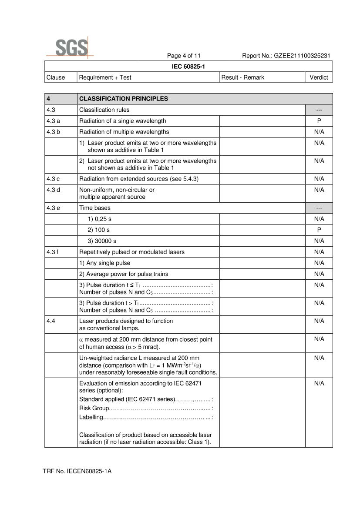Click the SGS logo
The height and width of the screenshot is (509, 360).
tap(71, 47)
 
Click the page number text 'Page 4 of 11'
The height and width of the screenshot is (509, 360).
tap(184, 56)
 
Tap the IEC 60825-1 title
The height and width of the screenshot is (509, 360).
tap(188, 66)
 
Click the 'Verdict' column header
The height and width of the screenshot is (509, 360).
tap(319, 77)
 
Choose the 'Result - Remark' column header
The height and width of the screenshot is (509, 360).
tap(243, 77)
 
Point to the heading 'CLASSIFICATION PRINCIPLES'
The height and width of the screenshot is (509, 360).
tap(123, 99)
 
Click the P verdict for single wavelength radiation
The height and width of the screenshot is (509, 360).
tap(319, 121)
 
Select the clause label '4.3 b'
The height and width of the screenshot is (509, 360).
tap(53, 132)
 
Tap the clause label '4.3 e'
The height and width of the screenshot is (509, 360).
tap(53, 208)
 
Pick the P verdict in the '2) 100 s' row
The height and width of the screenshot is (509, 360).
tap(319, 230)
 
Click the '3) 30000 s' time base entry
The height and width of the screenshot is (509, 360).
tap(102, 241)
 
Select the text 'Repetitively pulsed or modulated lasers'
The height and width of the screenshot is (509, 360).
tap(131, 252)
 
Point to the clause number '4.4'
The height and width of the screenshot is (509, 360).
tap(51, 321)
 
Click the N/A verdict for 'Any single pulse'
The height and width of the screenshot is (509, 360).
tap(319, 263)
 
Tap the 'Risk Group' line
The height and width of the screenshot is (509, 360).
tap(146, 409)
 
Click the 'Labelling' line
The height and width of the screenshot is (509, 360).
tap(146, 418)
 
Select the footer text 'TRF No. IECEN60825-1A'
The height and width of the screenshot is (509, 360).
tap(77, 471)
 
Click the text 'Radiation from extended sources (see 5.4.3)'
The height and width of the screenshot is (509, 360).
tap(138, 179)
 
